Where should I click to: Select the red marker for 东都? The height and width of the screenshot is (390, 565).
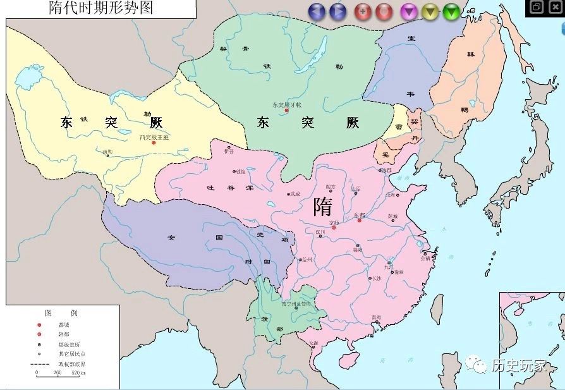(x=359, y=221)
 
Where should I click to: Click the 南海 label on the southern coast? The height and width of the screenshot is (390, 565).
(x=377, y=317)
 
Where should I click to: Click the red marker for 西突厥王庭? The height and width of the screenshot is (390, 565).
(x=154, y=143)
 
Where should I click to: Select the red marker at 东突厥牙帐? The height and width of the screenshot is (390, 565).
(x=286, y=111)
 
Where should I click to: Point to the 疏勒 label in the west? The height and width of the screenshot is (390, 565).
(x=107, y=152)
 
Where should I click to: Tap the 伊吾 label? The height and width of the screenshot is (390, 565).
(x=228, y=151)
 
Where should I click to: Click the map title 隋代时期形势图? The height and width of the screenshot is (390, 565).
(x=101, y=8)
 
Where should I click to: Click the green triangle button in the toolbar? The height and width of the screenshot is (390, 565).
(x=451, y=11)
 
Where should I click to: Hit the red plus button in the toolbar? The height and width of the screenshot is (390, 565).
(x=363, y=11)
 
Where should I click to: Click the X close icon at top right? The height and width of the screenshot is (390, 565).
(x=554, y=7)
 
